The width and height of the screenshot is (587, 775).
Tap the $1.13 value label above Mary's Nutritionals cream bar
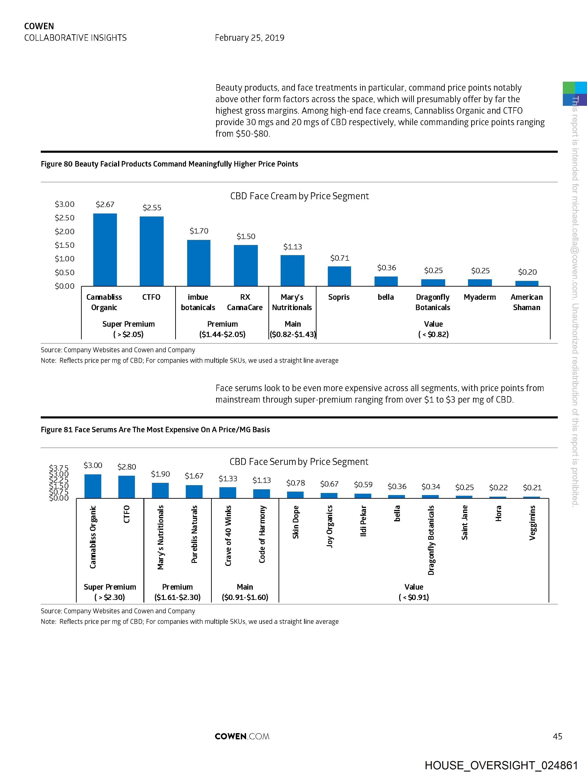click(292, 247)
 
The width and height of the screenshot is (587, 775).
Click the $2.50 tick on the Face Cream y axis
click(64, 218)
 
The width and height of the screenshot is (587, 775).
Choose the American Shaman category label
click(526, 302)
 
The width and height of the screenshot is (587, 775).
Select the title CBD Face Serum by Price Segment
click(299, 461)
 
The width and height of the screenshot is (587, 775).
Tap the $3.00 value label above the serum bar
click(93, 465)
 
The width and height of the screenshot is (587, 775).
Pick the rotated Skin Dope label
click(296, 522)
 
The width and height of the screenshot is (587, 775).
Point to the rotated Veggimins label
click(532, 522)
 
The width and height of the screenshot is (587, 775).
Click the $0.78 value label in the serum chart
click(296, 483)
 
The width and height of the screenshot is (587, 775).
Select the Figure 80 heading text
click(169, 164)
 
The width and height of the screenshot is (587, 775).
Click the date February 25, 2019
click(249, 38)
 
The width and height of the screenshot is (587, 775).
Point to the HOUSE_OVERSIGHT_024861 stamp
click(501, 765)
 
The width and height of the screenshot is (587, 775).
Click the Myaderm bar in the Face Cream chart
click(480, 282)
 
